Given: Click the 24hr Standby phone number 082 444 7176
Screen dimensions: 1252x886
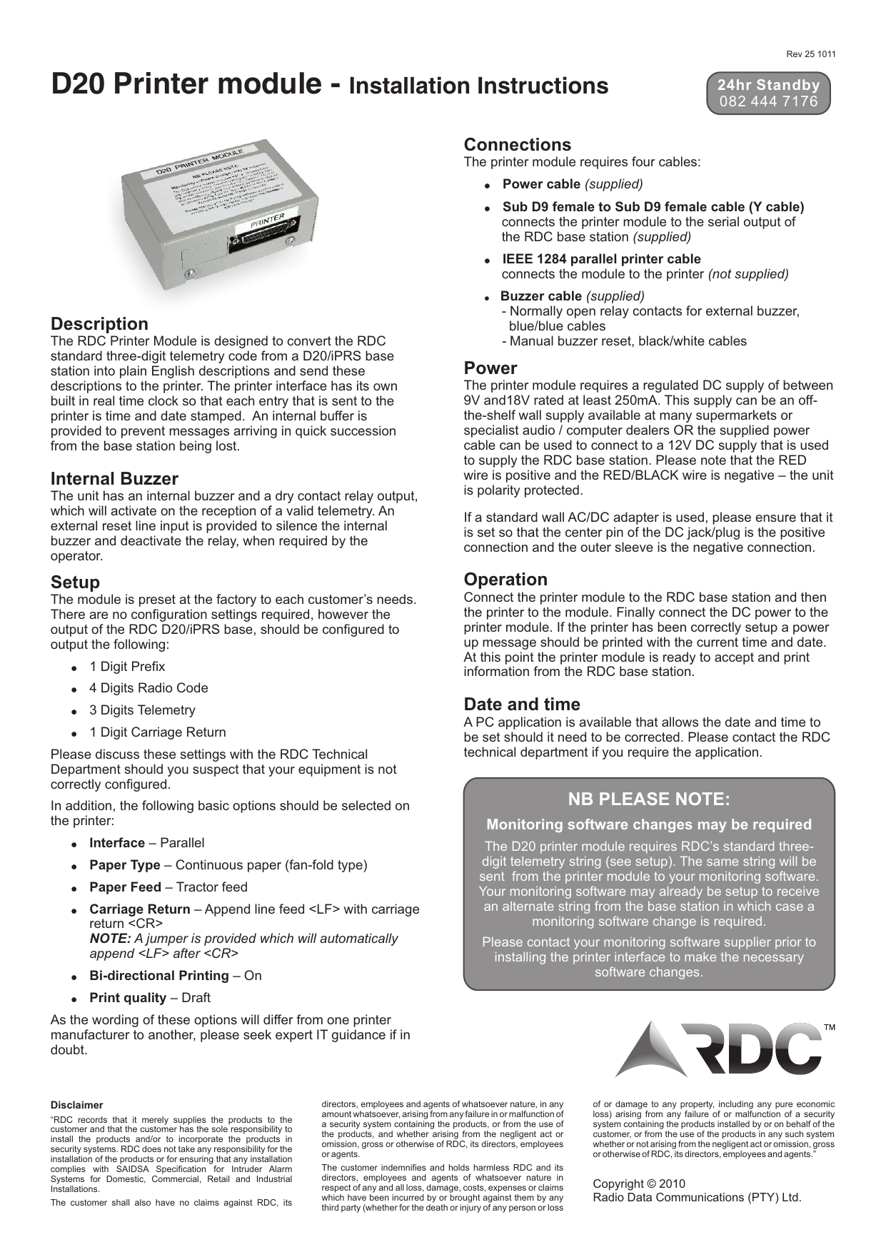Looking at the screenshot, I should point(768,101).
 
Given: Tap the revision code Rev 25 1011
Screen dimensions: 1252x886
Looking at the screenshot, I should point(811,54).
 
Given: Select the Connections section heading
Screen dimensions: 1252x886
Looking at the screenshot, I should point(517,145).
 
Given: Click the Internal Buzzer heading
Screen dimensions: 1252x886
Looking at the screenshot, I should point(114,478).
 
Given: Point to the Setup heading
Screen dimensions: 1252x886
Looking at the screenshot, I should point(75,582).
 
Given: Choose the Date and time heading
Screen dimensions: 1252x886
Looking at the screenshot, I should point(521,704).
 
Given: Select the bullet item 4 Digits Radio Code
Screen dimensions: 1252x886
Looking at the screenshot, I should point(148,688).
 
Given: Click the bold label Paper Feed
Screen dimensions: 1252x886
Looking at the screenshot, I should point(125,887).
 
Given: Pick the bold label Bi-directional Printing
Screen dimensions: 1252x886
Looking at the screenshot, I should point(158,976).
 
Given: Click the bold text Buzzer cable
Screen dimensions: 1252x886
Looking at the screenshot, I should point(540,296).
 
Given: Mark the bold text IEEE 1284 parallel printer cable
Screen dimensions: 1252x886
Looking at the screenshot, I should point(601,259).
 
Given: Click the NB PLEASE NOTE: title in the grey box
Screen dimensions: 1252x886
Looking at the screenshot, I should point(648,799).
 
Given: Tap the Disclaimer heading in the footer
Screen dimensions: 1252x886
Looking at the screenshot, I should point(76,1105).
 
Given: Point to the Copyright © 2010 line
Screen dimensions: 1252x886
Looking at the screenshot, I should point(639,1183).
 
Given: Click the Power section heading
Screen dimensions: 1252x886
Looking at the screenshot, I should point(490,368).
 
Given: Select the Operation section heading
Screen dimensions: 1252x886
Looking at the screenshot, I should point(505,579).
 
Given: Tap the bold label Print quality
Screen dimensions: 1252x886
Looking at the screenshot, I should point(128,998).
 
